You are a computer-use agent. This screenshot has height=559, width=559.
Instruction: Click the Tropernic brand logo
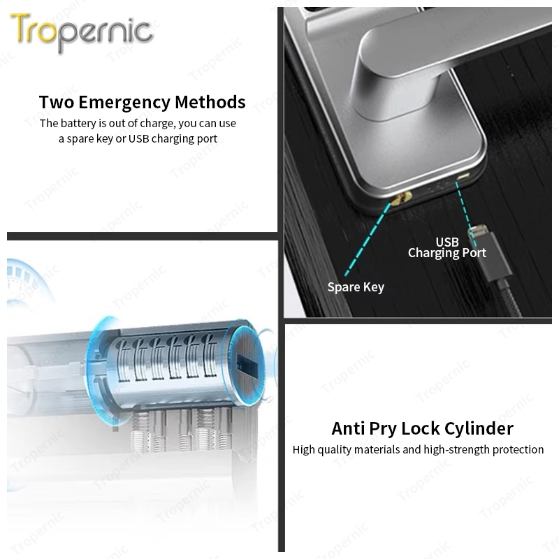82,32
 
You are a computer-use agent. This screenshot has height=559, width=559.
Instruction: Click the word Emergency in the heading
124,103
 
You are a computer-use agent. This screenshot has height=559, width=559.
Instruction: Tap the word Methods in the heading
210,102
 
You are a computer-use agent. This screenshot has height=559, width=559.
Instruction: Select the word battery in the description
78,123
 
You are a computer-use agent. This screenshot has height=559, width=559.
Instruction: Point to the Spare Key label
356,287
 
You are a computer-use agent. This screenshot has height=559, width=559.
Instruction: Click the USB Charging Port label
447,247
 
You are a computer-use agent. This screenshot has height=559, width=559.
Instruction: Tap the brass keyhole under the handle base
401,197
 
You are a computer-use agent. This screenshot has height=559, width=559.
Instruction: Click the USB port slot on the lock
463,177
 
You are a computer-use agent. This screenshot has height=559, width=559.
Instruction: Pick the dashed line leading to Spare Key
368,240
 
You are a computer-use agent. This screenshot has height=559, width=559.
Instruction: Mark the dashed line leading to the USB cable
465,213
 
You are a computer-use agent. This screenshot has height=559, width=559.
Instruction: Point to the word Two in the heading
57,102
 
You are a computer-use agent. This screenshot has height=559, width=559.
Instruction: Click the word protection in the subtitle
518,450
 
